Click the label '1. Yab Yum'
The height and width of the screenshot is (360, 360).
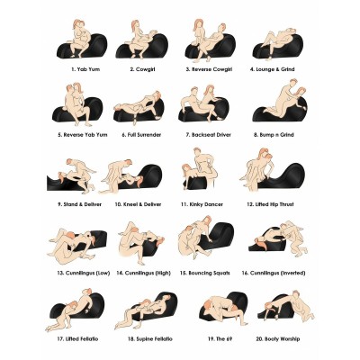[x=85, y=69]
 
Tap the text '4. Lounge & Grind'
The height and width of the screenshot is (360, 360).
[x=273, y=69]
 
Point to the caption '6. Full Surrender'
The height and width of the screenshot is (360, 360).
[x=141, y=135]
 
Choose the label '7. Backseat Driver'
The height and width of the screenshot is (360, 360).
[x=209, y=135]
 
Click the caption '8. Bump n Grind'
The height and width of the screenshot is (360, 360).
[x=274, y=135]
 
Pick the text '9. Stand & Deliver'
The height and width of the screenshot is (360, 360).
[x=79, y=204]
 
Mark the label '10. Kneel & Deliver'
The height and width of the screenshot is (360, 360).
[x=138, y=204]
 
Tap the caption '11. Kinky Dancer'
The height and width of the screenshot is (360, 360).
[x=202, y=204]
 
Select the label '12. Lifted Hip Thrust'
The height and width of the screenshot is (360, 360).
[x=270, y=204]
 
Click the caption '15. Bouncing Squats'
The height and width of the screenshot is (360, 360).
[x=205, y=274]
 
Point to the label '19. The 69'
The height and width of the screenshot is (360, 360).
[x=220, y=339]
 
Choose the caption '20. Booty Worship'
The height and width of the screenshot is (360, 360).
[x=278, y=339]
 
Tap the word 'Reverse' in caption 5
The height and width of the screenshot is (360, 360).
[x=74, y=135]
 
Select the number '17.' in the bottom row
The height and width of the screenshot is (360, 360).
[x=60, y=339]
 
